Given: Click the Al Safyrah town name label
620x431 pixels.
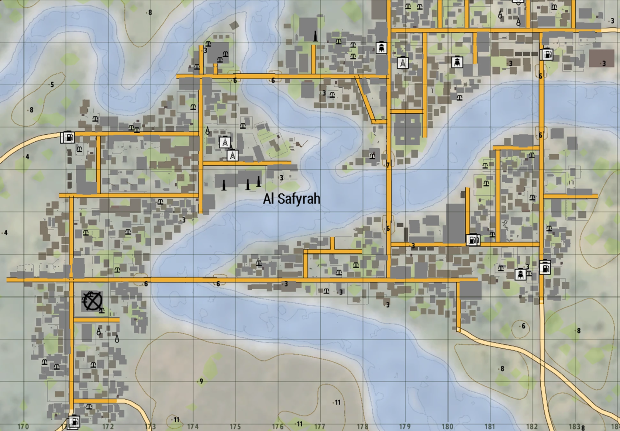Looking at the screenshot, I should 291,199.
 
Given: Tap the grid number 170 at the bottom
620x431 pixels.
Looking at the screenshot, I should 23,427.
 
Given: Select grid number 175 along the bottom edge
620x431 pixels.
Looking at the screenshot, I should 235,427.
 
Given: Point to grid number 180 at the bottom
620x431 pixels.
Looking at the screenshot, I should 447,427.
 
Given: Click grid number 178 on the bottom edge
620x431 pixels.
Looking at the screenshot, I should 362,427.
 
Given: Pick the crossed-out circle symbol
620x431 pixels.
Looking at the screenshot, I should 92,301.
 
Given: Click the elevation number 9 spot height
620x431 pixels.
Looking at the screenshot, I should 201,381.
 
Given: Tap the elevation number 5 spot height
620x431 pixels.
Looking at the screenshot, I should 52,85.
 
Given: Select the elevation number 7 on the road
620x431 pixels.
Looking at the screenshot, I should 388,165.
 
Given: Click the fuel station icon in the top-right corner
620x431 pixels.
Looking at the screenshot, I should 547,55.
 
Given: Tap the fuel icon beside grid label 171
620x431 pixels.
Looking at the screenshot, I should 74,421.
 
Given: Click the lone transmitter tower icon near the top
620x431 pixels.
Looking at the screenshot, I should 403,63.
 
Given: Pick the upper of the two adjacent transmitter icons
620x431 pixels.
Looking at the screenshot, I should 225,142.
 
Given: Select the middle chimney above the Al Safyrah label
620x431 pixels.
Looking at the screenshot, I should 248,184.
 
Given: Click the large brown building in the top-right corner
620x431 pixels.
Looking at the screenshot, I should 599,58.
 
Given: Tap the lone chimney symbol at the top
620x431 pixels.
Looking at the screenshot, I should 315,36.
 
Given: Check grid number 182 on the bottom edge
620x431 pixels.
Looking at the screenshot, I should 532,427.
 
